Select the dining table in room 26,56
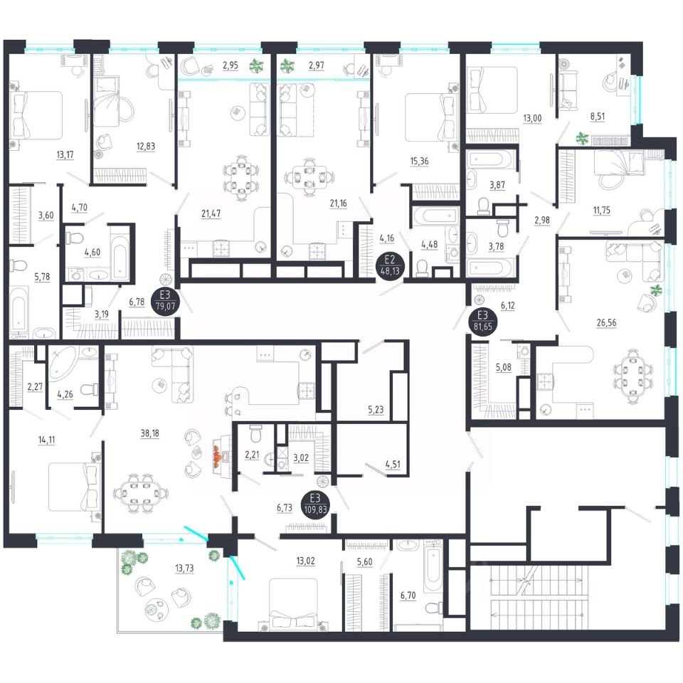click(x=632, y=373)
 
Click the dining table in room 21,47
click(x=238, y=175)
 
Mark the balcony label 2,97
click(x=317, y=65)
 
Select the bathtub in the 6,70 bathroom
click(x=433, y=566)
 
